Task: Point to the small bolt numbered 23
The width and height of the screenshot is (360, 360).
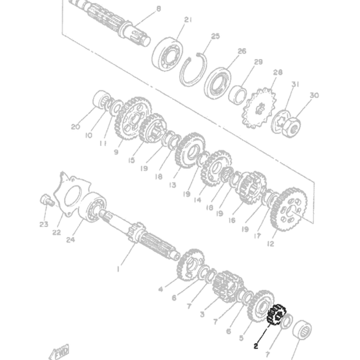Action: point(45,200)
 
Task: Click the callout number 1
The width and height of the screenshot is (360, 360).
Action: point(118,269)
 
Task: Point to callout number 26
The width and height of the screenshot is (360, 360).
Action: point(242,51)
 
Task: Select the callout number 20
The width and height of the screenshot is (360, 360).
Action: point(75,127)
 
